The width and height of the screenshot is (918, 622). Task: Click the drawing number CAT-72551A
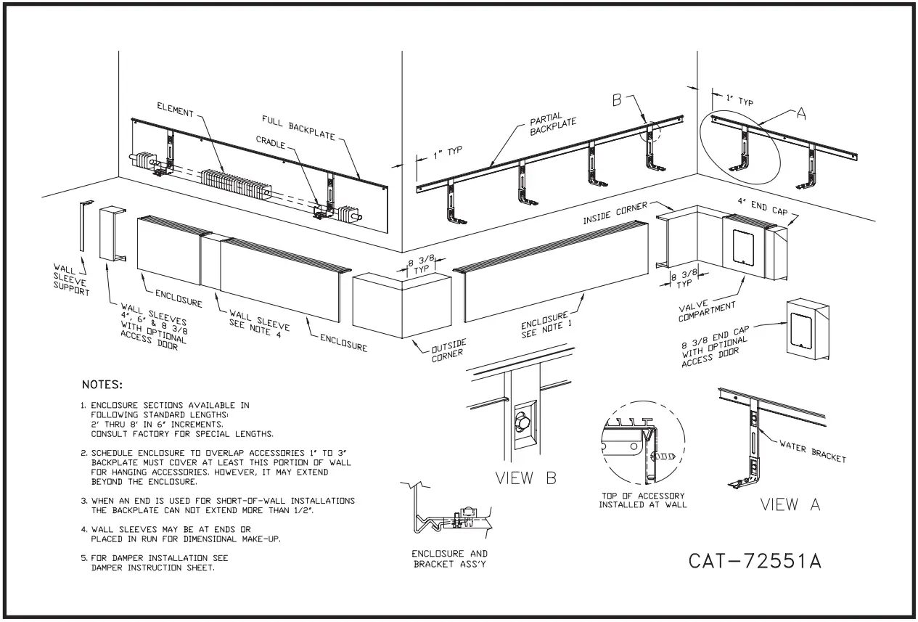click(755, 561)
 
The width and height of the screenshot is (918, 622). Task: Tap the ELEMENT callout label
click(176, 112)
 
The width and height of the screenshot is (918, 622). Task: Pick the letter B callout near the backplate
click(618, 101)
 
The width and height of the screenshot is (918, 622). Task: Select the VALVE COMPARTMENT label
click(707, 311)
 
